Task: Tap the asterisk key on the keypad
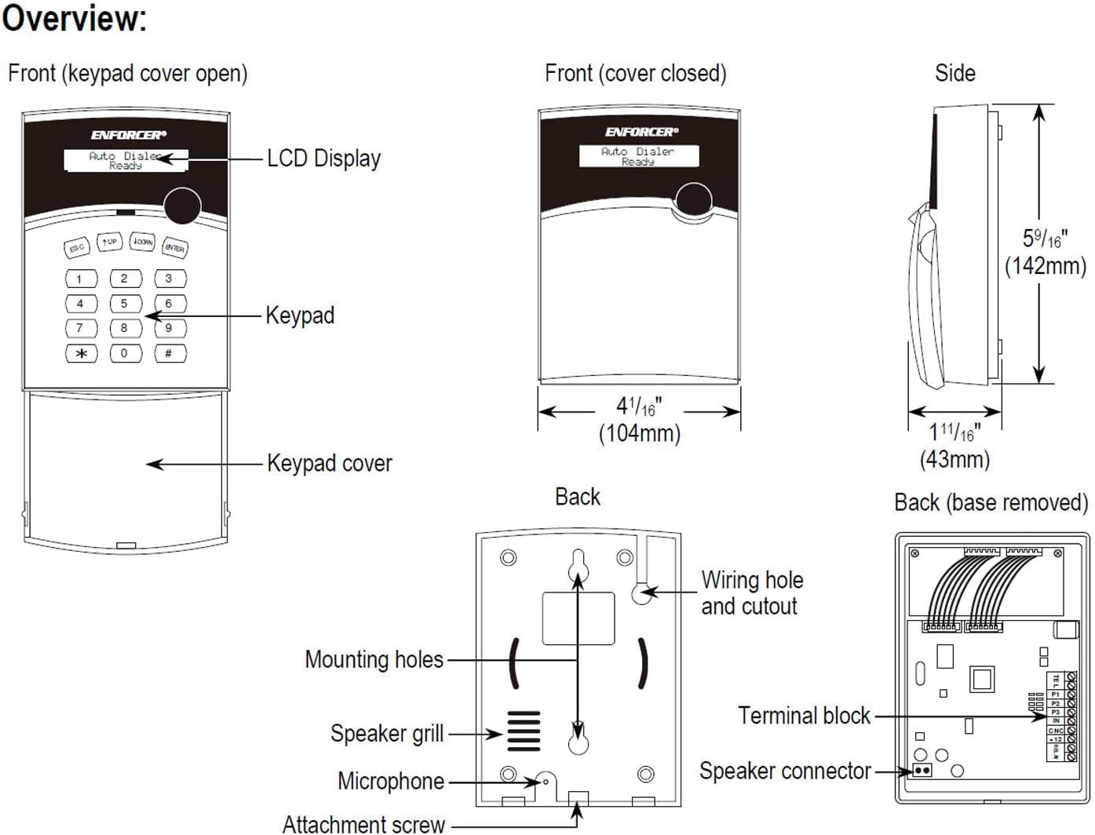pos(81,354)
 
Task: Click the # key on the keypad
pos(169,354)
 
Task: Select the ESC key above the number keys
pos(76,248)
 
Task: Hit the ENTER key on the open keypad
pos(174,248)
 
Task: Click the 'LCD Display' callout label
pos(323,159)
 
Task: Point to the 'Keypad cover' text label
pos(329,463)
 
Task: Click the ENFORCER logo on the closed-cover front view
pos(641,132)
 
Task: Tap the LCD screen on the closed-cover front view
pos(638,156)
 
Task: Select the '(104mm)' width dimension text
pos(639,433)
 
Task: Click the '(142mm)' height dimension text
pos(1045,266)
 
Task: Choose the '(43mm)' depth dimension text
pos(954,459)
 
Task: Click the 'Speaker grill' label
pos(387,734)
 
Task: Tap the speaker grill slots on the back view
pos(524,731)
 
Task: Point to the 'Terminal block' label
pos(804,716)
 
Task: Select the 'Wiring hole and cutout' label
pos(751,593)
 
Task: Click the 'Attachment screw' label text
pos(363,824)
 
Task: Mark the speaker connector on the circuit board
pos(922,771)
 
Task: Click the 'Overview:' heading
pos(75,19)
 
